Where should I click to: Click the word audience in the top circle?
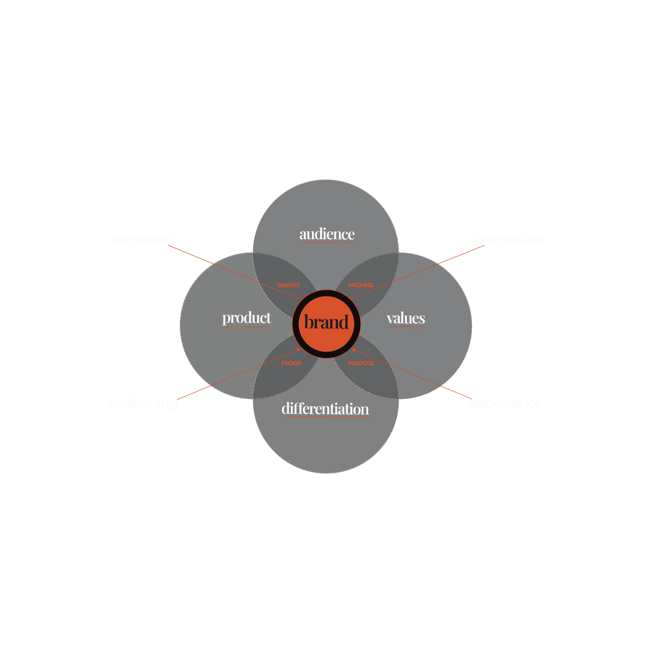coord(327,234)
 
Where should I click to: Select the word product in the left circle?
coord(246,318)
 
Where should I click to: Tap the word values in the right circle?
coord(406,318)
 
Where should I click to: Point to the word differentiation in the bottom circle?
coord(325,409)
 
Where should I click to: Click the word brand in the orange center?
coord(326,322)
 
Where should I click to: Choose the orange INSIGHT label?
coord(289,285)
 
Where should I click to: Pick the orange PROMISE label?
coord(361,285)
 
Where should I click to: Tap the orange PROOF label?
coord(291,363)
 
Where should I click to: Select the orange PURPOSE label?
coord(361,363)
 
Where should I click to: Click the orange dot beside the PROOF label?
coord(298,349)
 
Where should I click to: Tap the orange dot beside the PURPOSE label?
coord(354,350)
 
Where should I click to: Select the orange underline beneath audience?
coord(326,242)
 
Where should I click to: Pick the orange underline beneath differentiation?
coord(326,417)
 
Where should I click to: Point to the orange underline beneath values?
coord(407,326)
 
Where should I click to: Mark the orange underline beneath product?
coord(247,326)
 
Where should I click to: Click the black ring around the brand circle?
coord(326,293)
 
